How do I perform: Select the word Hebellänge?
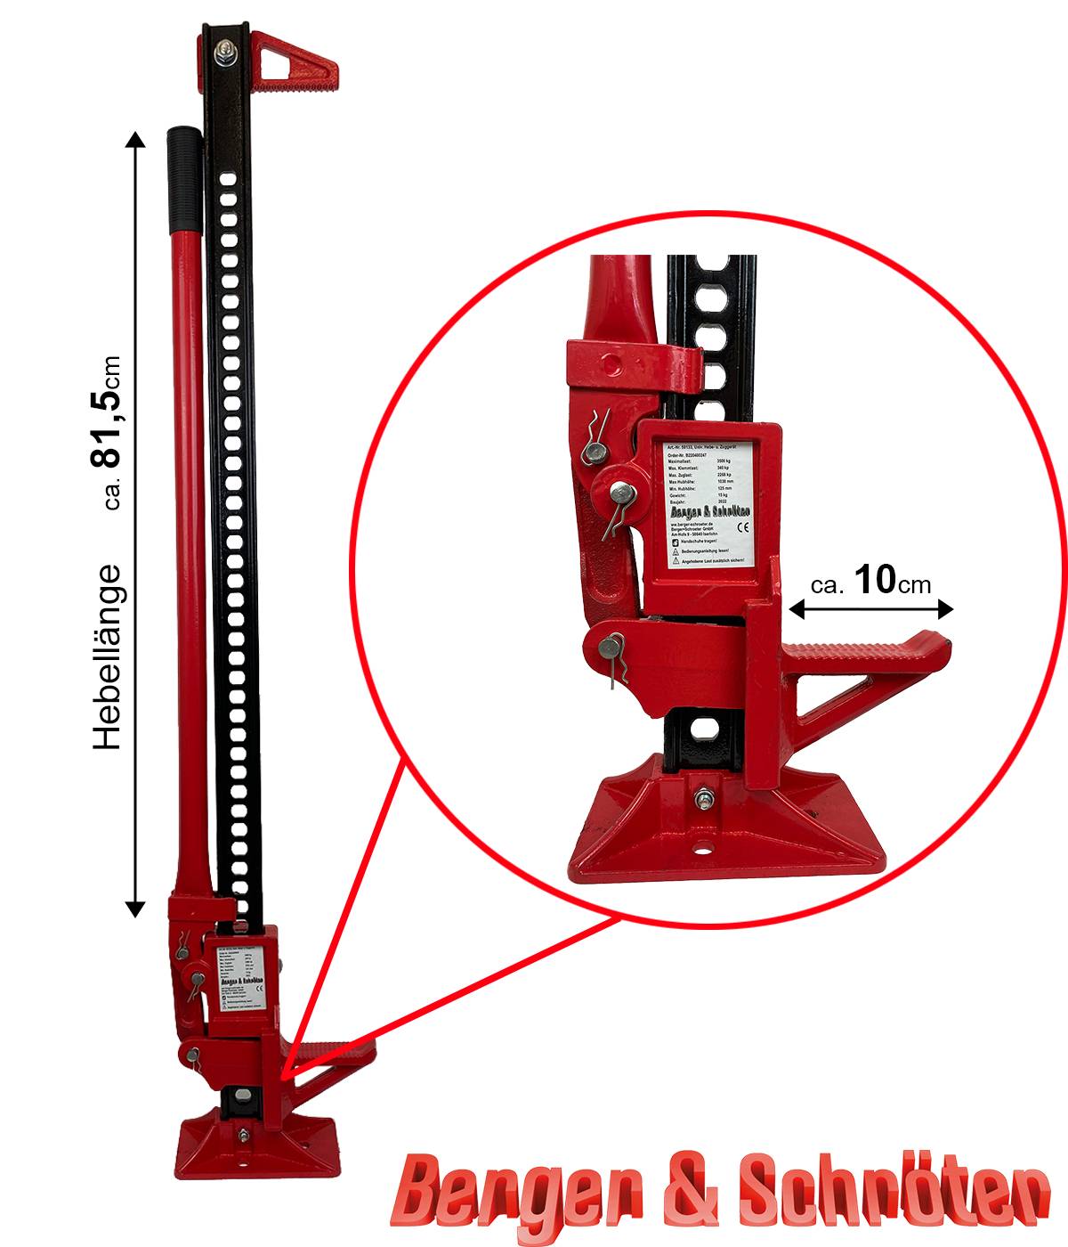point(107,656)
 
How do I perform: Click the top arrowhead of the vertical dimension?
point(135,139)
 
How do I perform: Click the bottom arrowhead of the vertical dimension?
point(135,909)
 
